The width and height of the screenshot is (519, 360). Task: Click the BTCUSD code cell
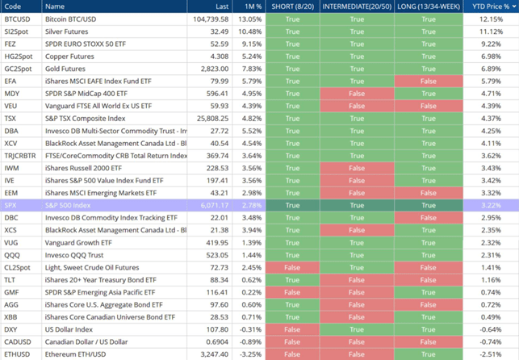[x=18, y=19]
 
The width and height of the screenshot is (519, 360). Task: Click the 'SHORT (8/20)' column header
[x=292, y=6]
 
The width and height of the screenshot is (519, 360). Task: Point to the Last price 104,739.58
[x=211, y=19]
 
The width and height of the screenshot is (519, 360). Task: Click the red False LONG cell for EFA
[x=428, y=81]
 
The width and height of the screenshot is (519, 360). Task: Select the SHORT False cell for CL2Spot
[x=292, y=267]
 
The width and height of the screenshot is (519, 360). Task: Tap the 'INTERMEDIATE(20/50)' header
[x=358, y=6]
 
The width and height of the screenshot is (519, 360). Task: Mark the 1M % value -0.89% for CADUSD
[x=250, y=342]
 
